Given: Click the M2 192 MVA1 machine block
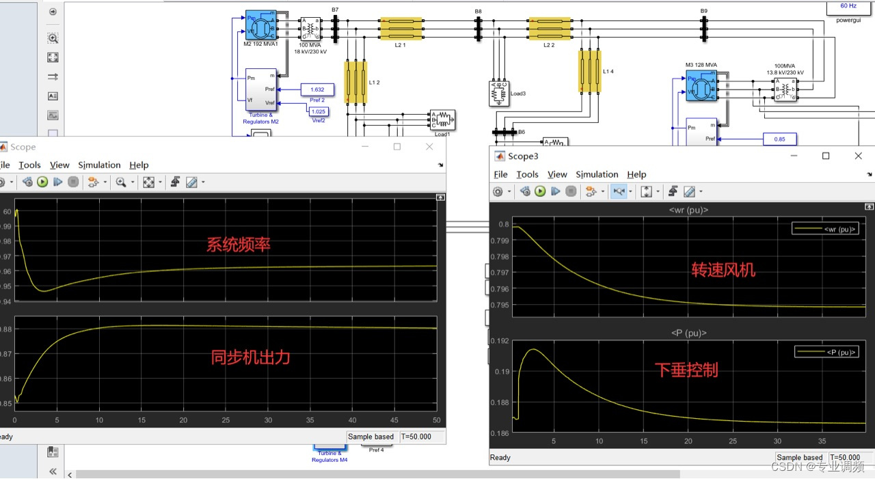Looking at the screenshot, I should (260, 25).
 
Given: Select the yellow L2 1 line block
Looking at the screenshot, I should (401, 29).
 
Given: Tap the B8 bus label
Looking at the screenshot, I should (479, 12).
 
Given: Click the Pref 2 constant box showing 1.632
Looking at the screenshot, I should (317, 90).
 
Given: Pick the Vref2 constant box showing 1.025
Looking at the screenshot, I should (319, 111).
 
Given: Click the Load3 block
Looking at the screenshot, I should (499, 94).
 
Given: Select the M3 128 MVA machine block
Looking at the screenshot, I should (701, 85).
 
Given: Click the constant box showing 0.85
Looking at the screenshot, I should (780, 139).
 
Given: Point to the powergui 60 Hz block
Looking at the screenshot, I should (848, 7).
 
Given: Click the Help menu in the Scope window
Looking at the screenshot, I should (139, 165).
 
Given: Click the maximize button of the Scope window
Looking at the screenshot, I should (397, 147).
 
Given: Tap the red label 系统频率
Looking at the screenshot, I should (239, 245).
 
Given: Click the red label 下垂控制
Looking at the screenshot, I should (686, 370).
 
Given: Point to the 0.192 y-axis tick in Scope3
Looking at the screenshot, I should (500, 340).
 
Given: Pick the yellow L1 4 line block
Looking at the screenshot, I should (589, 71).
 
